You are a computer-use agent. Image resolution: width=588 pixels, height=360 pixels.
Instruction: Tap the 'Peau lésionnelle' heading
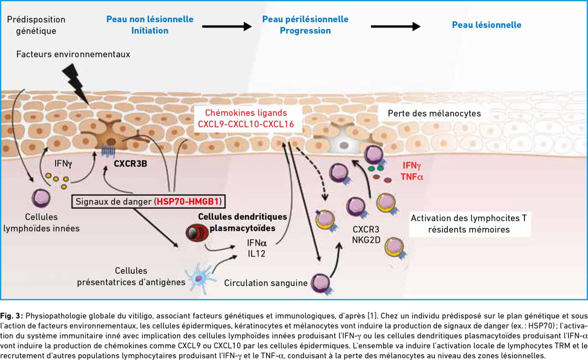tap(487, 25)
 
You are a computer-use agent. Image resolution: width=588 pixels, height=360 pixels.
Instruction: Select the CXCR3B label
tap(130, 164)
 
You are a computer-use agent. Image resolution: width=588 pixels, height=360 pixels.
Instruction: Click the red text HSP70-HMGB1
tap(188, 201)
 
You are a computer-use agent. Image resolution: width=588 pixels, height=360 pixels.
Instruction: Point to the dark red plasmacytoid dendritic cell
tap(197, 232)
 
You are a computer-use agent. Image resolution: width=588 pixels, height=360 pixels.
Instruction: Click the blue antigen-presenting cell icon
tap(200, 278)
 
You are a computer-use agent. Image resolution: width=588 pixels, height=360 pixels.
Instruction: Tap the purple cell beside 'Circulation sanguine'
tap(321, 284)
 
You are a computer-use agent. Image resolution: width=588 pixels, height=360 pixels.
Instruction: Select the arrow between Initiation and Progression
tap(227, 26)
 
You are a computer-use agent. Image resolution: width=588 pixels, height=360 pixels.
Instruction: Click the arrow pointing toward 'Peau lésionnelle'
tap(395, 26)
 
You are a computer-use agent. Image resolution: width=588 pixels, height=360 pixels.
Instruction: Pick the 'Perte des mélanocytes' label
tap(434, 113)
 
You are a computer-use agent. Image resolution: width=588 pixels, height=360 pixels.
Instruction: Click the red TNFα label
tap(412, 177)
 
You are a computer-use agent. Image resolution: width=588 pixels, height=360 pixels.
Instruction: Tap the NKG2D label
tap(366, 240)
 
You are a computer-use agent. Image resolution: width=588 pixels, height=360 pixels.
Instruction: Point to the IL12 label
tap(256, 254)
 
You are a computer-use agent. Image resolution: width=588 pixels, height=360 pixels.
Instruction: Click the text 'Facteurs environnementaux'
tap(73, 54)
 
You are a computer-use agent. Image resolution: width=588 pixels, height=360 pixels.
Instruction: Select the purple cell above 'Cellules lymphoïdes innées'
tap(41, 198)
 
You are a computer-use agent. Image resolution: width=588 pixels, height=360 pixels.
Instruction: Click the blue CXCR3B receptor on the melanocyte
tap(108, 151)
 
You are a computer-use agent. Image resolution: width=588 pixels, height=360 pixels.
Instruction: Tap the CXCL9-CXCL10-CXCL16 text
tap(246, 124)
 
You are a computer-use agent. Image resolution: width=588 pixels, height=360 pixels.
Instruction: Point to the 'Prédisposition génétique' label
tap(36, 25)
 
